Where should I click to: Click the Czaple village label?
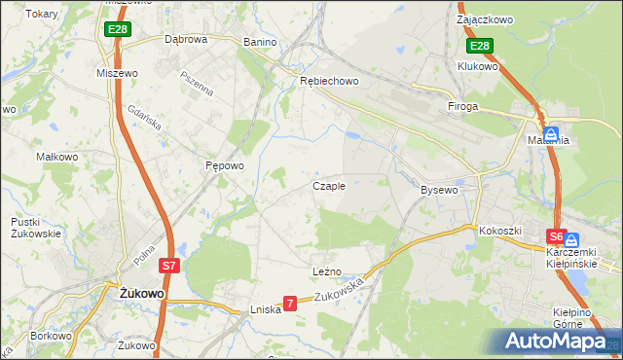click(x=328, y=186)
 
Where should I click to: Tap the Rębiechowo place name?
click(x=330, y=81)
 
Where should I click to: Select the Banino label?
click(x=260, y=43)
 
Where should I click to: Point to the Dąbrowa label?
click(x=186, y=40)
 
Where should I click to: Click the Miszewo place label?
click(x=115, y=73)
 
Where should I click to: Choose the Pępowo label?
click(x=223, y=166)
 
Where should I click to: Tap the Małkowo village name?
click(x=56, y=156)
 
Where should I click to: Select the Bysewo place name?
click(x=438, y=190)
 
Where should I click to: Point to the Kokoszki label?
click(x=500, y=231)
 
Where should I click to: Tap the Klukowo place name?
click(x=477, y=66)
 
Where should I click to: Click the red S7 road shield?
click(x=169, y=266)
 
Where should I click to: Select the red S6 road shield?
click(x=555, y=236)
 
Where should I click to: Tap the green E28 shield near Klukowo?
click(x=479, y=46)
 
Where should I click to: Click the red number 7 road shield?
click(x=289, y=305)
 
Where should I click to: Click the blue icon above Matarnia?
click(x=551, y=134)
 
